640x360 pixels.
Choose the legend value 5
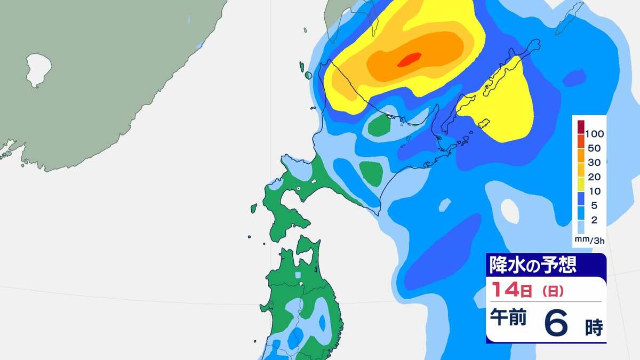[590, 206]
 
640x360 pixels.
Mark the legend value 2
[590, 220]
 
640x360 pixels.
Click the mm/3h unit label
[589, 241]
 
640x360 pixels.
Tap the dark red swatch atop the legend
[581, 126]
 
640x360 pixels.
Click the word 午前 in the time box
[508, 318]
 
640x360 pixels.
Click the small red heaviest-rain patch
[410, 60]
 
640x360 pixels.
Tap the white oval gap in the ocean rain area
[510, 211]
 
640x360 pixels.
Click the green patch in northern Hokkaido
[380, 126]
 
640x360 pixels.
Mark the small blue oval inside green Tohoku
[322, 322]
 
